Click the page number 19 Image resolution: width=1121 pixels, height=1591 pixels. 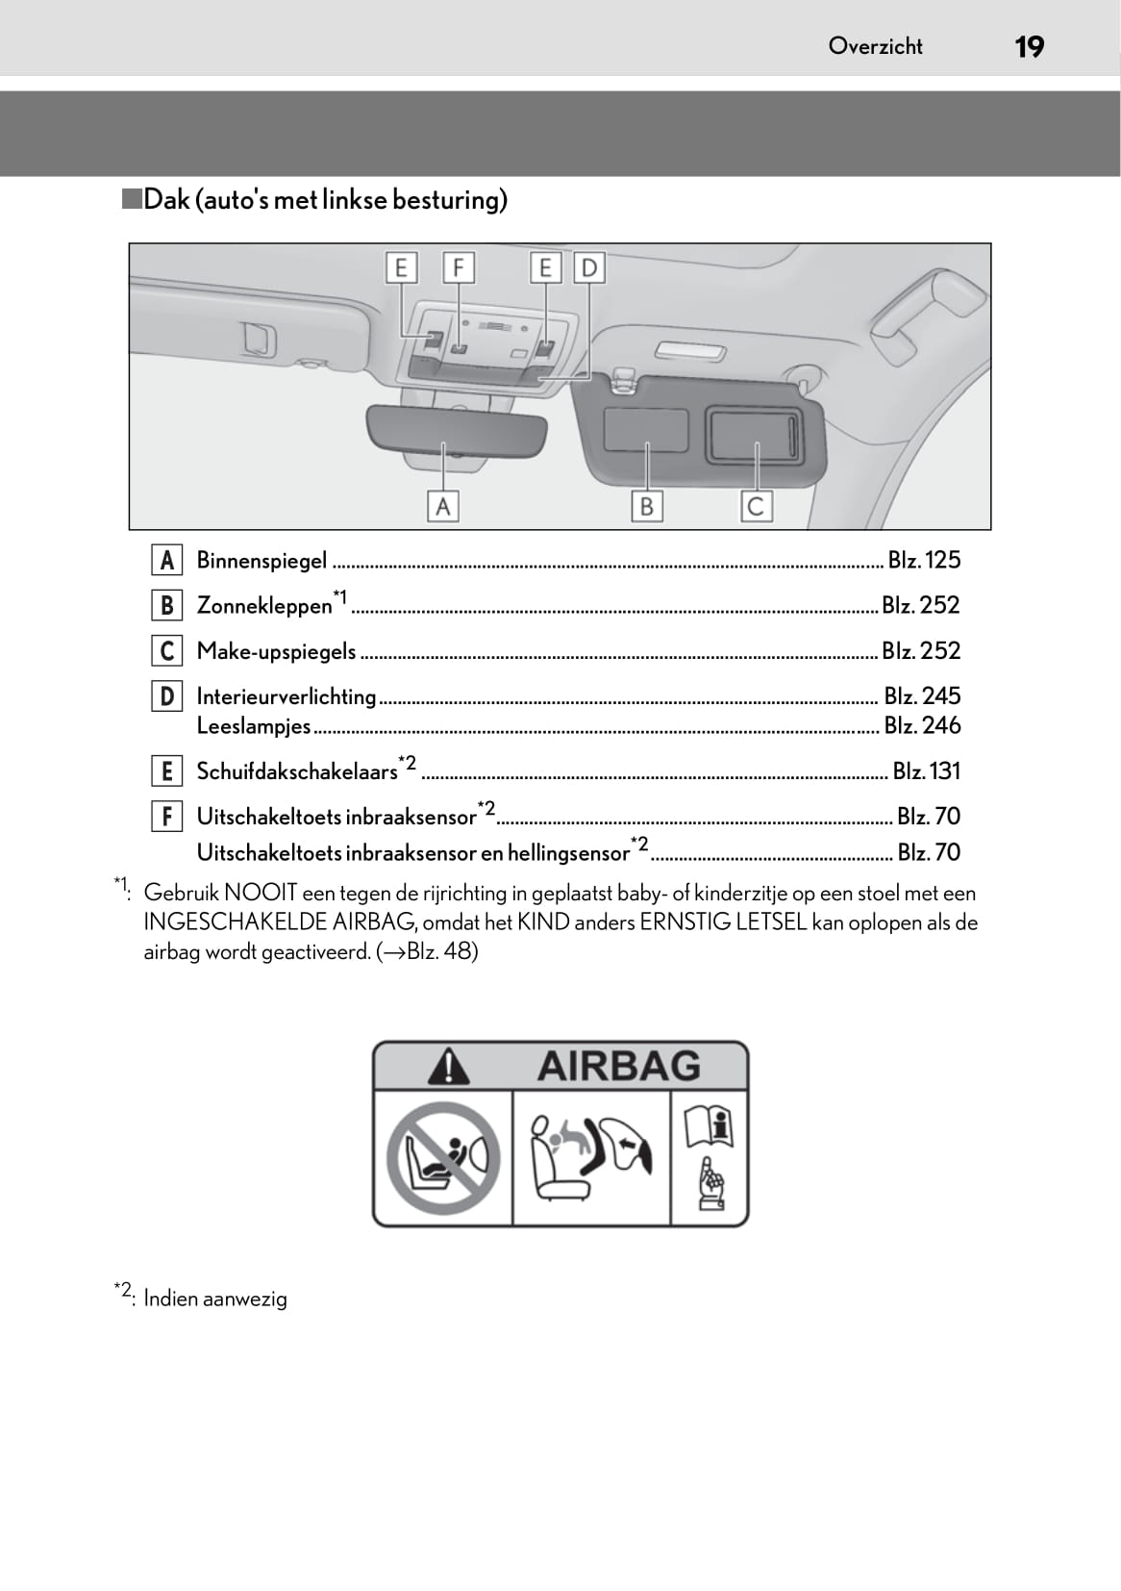[x=1029, y=46]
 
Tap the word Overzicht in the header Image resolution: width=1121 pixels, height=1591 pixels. [x=875, y=46]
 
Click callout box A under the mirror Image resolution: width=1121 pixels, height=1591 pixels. [x=442, y=506]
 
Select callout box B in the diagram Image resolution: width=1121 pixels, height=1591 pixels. [x=647, y=506]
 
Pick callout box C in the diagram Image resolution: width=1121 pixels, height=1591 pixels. [x=756, y=506]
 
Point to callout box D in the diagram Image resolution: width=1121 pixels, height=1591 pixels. [x=588, y=267]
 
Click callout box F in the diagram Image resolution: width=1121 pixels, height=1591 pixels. [x=459, y=267]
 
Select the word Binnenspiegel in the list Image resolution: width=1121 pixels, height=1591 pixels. [x=262, y=561]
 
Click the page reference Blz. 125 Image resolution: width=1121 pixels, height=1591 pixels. [x=924, y=560]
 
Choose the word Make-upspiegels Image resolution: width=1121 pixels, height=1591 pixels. [x=276, y=652]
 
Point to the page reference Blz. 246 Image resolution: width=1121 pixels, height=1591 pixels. [x=922, y=725]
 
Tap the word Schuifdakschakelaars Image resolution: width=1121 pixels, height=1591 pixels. [x=297, y=771]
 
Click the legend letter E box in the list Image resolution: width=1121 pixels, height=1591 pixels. [x=166, y=771]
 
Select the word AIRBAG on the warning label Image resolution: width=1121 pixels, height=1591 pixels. [x=618, y=1066]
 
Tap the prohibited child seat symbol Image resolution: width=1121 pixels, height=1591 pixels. [x=443, y=1159]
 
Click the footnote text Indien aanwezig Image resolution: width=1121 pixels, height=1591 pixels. [x=215, y=1299]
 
